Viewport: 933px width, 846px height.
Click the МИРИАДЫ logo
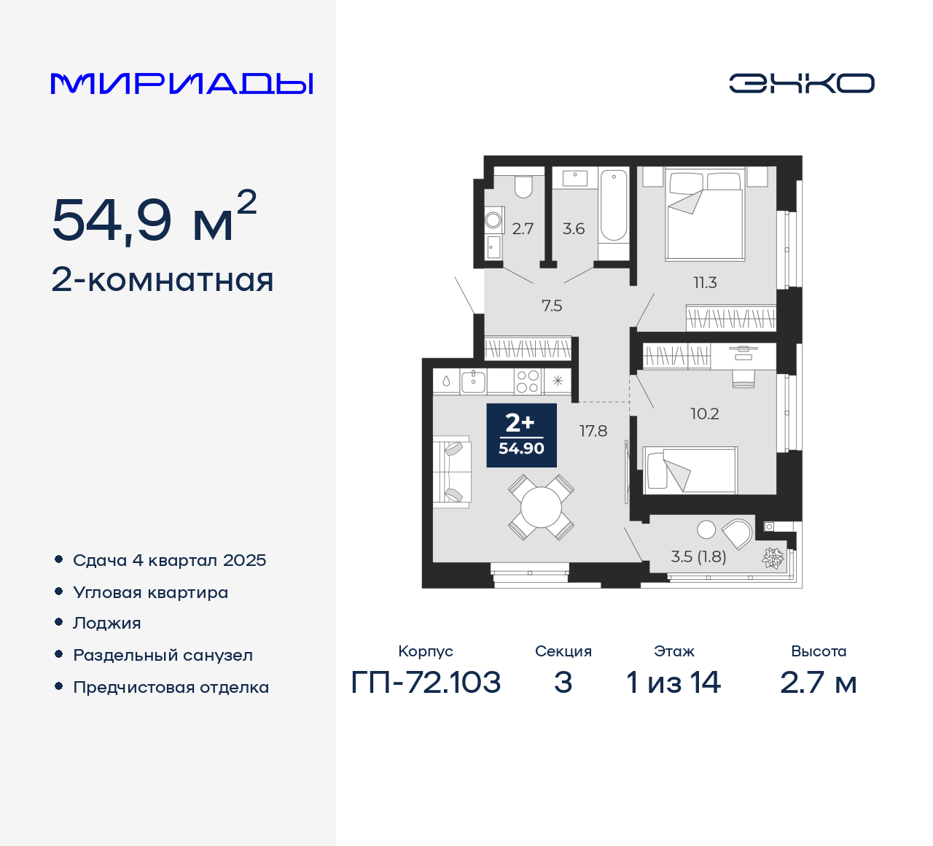point(181,83)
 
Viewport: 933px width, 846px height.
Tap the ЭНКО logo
point(801,83)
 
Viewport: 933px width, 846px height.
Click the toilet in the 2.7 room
point(523,187)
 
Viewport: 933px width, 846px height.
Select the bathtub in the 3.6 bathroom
point(614,206)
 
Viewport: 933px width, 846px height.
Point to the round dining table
point(542,507)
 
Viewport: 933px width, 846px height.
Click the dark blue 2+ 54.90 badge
point(521,435)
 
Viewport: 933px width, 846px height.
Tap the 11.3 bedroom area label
point(705,282)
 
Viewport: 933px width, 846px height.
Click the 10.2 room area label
point(704,414)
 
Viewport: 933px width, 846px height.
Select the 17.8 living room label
point(593,431)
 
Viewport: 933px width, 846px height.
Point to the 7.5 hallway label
point(552,306)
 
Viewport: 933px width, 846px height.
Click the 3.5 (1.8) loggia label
point(698,556)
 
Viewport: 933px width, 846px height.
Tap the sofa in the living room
point(451,471)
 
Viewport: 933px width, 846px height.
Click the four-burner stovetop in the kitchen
point(528,381)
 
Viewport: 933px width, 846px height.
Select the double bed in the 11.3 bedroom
point(705,214)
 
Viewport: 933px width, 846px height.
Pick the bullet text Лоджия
point(107,623)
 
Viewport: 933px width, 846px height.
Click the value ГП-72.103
point(426,683)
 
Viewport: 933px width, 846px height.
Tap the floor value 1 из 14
point(674,683)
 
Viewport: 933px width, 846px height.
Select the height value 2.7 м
point(818,683)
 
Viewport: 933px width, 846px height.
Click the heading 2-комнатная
point(163,280)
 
